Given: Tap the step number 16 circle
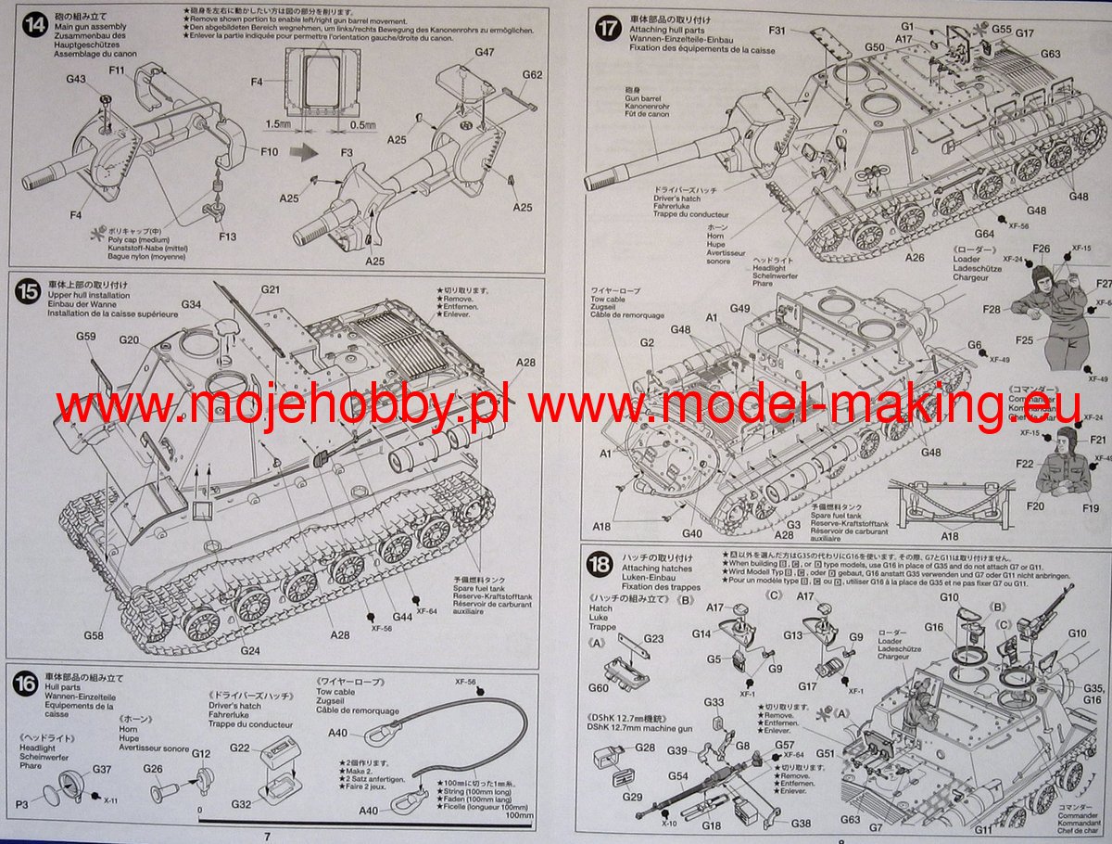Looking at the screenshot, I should click(27, 684).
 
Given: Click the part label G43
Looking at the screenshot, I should click(76, 80).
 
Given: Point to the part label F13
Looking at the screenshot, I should click(228, 237).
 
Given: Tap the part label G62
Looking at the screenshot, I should click(532, 75).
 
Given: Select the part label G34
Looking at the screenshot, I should click(191, 304).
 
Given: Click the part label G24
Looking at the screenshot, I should click(250, 650).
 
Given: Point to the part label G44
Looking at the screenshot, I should click(402, 617).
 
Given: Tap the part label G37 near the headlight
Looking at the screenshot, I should click(102, 769).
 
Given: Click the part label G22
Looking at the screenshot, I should click(239, 748).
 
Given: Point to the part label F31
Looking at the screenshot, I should click(778, 32).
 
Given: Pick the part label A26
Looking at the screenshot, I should click(916, 258).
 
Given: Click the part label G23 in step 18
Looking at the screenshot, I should click(654, 639).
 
